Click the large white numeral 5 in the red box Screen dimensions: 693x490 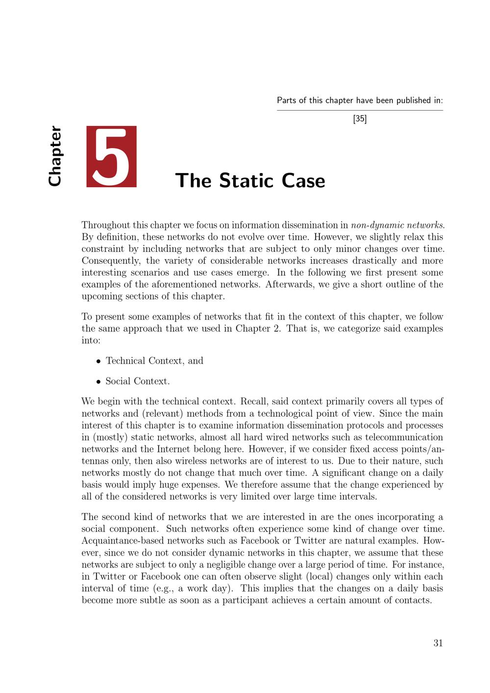(x=112, y=156)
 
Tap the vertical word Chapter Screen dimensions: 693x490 (x=55, y=156)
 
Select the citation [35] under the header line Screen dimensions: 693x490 (x=360, y=119)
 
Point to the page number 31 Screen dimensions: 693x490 (x=438, y=643)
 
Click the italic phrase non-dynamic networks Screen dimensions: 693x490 (x=397, y=225)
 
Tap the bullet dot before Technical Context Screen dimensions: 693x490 (x=98, y=361)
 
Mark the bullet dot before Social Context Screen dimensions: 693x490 (x=98, y=382)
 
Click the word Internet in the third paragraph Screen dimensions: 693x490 (x=174, y=449)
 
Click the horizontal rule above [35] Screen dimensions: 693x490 (x=360, y=110)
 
